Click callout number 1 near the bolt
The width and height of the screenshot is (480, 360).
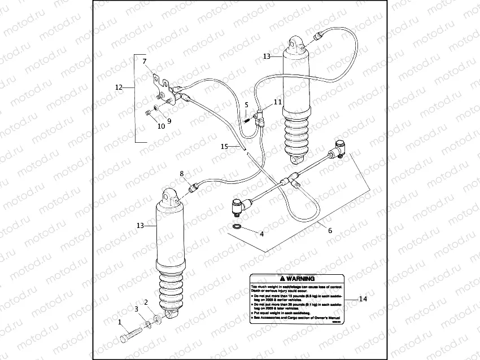(119, 322)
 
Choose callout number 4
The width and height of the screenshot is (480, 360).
(261, 233)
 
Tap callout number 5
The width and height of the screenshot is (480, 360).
(246, 105)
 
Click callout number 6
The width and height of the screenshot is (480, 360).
(330, 230)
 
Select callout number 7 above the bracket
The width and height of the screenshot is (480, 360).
(144, 61)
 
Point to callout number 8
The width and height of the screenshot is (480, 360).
(181, 174)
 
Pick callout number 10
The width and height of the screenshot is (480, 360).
(161, 126)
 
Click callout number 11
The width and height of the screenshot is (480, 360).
(277, 102)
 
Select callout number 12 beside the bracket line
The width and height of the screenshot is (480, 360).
(119, 87)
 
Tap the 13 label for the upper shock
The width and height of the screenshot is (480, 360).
(267, 56)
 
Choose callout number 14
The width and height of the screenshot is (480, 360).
(363, 299)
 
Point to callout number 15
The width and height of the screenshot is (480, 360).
(224, 146)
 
